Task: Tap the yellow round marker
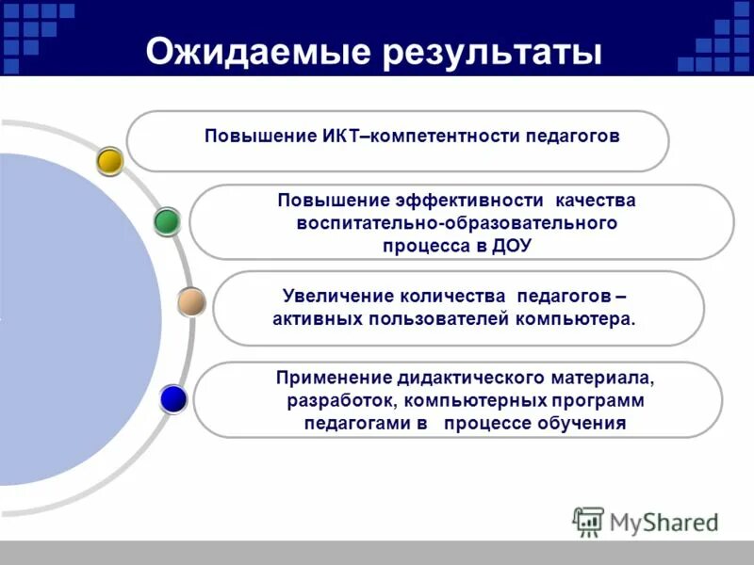tap(110, 161)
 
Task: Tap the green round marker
tap(167, 221)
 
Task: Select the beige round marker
tap(191, 301)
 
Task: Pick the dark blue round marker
tap(173, 399)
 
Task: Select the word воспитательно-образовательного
tap(456, 223)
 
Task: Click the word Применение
tap(334, 379)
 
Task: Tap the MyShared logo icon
tap(588, 520)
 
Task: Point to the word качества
tap(596, 201)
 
